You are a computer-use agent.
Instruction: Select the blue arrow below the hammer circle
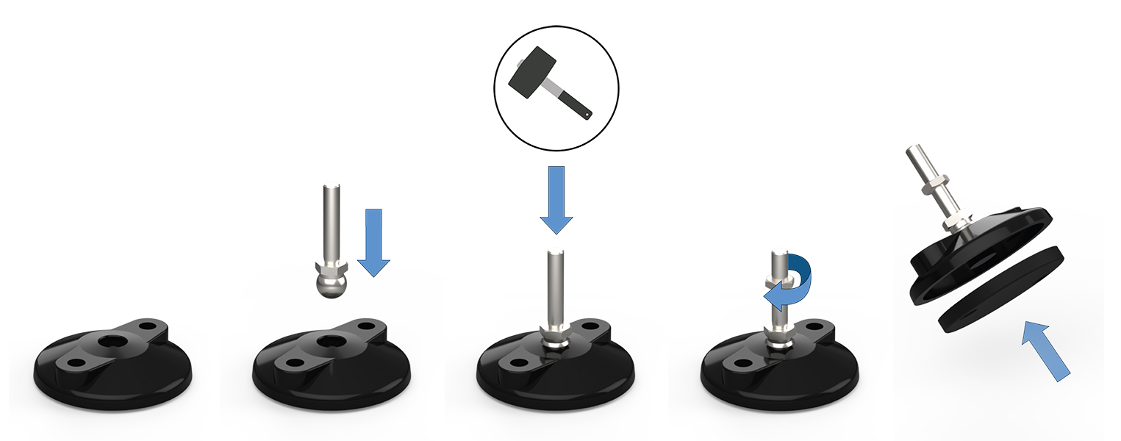pos(556,198)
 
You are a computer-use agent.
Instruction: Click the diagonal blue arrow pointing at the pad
pos(1047,351)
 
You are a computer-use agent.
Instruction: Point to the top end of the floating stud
pos(329,187)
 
